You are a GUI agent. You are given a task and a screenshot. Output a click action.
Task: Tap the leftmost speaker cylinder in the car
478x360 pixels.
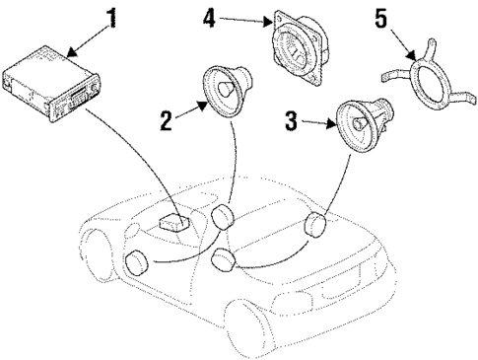[135, 264]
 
